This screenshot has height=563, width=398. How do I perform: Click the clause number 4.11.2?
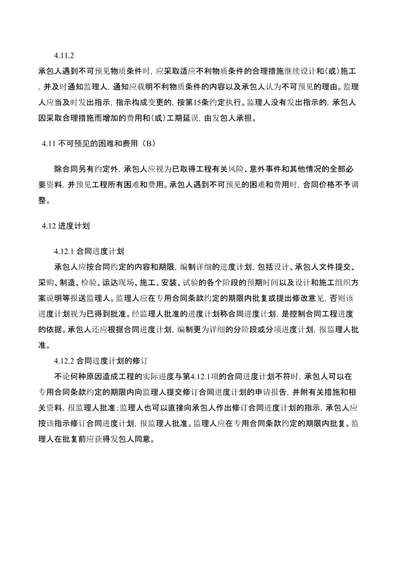[x=64, y=56]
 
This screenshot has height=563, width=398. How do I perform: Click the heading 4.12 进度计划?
[x=66, y=226]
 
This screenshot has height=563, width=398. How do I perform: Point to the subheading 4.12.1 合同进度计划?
[x=89, y=251]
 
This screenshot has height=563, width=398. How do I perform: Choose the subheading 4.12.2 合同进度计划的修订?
[x=101, y=361]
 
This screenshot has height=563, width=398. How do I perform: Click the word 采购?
[x=46, y=283]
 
